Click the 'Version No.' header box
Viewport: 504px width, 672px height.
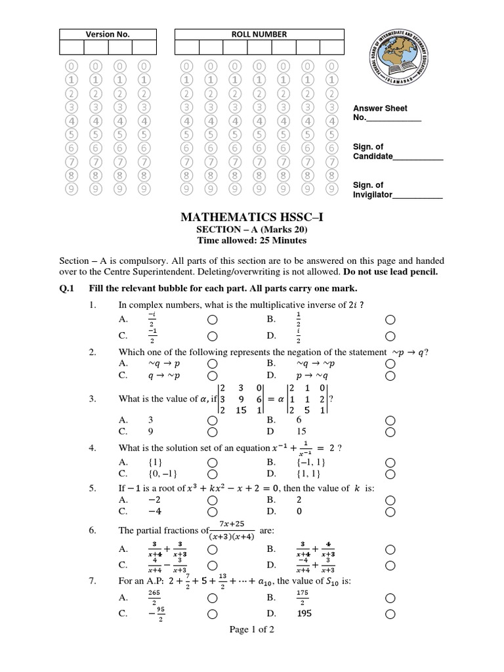coord(104,34)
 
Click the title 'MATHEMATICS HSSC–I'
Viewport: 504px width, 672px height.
coord(251,217)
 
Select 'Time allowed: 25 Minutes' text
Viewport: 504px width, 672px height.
coord(252,240)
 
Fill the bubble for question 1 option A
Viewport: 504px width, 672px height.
coord(212,320)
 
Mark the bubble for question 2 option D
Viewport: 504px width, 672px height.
coord(390,376)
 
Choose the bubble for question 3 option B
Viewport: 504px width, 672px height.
coord(390,421)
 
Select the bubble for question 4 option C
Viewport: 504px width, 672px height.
coord(212,473)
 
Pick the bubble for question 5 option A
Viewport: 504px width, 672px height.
coord(212,501)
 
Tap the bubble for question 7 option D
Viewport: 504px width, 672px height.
coord(390,615)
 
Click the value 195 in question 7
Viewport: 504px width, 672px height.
coord(304,614)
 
